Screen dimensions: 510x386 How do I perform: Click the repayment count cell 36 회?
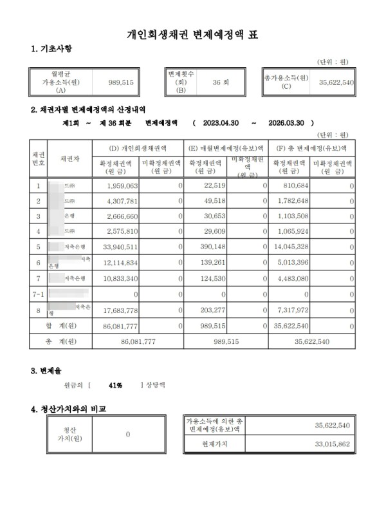[x=220, y=82]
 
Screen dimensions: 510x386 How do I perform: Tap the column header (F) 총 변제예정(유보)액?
[x=313, y=149]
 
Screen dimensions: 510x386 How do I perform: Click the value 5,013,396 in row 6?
[x=300, y=263]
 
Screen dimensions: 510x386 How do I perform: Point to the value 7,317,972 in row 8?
[x=300, y=310]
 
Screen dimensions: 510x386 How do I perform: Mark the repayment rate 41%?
[x=116, y=385]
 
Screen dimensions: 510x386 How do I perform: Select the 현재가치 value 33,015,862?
[x=332, y=444]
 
